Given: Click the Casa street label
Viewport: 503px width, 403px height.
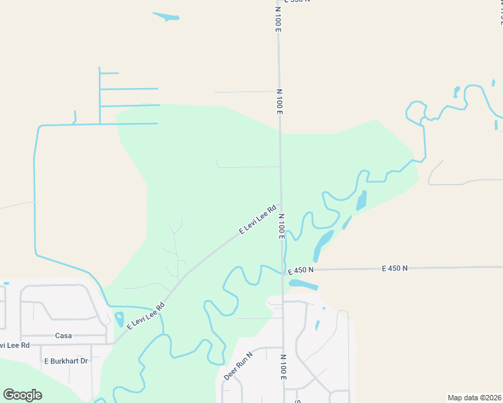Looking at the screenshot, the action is click(63, 335).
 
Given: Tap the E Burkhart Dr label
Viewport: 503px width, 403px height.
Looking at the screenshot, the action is click(66, 361).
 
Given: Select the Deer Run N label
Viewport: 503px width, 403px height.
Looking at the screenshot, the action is click(238, 366).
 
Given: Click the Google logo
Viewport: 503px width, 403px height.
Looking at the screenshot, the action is click(22, 394).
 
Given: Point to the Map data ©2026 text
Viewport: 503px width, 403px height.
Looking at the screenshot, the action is click(474, 398).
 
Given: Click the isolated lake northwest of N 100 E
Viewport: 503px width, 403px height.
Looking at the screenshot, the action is click(166, 16).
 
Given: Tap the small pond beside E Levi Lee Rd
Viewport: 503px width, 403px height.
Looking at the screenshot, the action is click(120, 320).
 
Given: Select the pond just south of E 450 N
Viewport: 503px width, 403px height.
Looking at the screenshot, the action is click(303, 284).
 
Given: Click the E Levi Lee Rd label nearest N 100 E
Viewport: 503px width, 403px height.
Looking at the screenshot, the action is click(258, 220).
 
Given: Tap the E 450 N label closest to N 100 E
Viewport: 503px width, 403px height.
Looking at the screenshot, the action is click(301, 270).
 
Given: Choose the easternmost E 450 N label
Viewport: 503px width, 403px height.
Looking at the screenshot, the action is click(395, 268).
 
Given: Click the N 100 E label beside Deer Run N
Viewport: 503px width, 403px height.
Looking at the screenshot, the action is click(284, 367).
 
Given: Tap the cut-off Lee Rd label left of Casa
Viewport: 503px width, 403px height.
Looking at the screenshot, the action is click(15, 345).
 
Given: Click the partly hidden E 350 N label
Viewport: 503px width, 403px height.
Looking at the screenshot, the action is click(297, 2).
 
